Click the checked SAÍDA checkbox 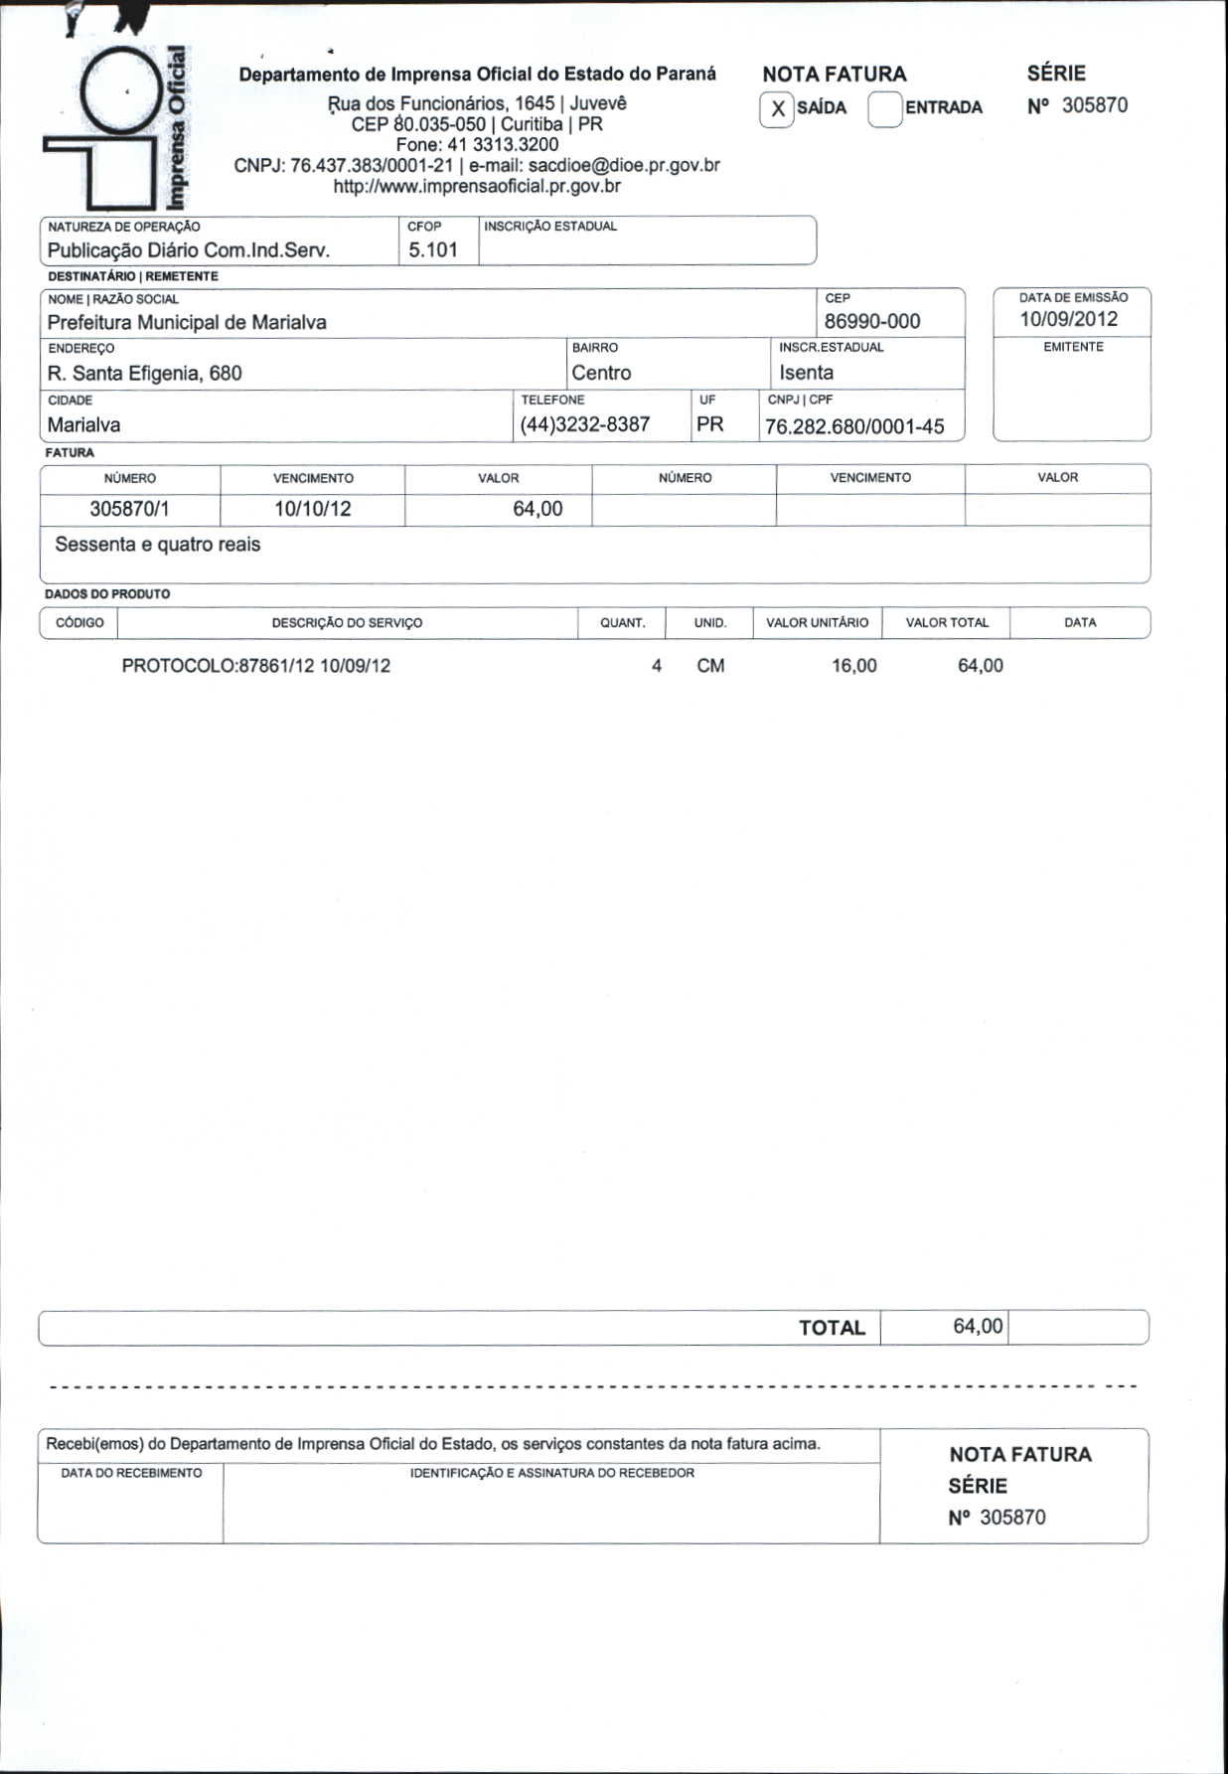pos(777,109)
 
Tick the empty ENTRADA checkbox pos(884,109)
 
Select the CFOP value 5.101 pos(433,250)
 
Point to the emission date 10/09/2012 pos(1068,319)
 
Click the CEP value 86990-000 pos(872,321)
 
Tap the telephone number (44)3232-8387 pos(584,424)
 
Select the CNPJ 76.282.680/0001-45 pos(854,427)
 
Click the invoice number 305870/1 pos(129,509)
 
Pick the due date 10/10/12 pos(313,509)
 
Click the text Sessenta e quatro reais pos(158,545)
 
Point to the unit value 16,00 pos(854,666)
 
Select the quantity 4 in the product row pos(657,666)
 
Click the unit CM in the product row pos(710,666)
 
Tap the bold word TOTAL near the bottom pos(832,1328)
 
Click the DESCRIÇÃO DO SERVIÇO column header pos(347,623)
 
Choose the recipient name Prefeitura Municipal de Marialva pos(187,322)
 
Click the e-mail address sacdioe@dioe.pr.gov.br pos(624,165)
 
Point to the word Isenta pos(806,373)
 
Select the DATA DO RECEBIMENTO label pos(131,1473)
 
